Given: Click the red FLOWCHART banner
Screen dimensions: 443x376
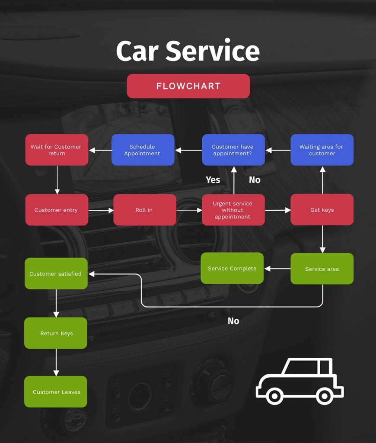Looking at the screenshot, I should (188, 86).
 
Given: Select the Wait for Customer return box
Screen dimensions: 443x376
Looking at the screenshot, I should (57, 150).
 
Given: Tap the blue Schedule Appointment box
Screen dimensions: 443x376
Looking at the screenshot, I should (143, 150).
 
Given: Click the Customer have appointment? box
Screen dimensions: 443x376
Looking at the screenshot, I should (233, 150).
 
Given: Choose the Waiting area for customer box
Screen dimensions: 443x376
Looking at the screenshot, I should (322, 150).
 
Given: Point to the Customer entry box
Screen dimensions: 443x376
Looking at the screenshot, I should (57, 210).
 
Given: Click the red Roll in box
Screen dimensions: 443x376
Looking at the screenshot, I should (144, 210).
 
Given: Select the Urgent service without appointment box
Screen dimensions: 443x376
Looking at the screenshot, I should (233, 210).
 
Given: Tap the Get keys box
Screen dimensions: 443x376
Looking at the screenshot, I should (322, 210).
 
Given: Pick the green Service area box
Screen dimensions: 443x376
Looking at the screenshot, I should (322, 269).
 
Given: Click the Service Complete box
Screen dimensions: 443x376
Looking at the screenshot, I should (232, 268).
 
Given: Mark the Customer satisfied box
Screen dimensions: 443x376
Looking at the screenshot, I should (56, 273).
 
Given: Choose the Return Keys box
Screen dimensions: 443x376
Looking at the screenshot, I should (56, 333).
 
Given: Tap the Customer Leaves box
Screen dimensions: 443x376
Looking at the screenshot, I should (56, 392).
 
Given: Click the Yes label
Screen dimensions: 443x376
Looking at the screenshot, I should (213, 180).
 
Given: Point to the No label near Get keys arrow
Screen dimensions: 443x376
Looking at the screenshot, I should (255, 180).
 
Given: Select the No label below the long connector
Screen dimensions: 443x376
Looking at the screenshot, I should (233, 321).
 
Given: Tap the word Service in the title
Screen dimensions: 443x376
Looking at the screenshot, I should (213, 51).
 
